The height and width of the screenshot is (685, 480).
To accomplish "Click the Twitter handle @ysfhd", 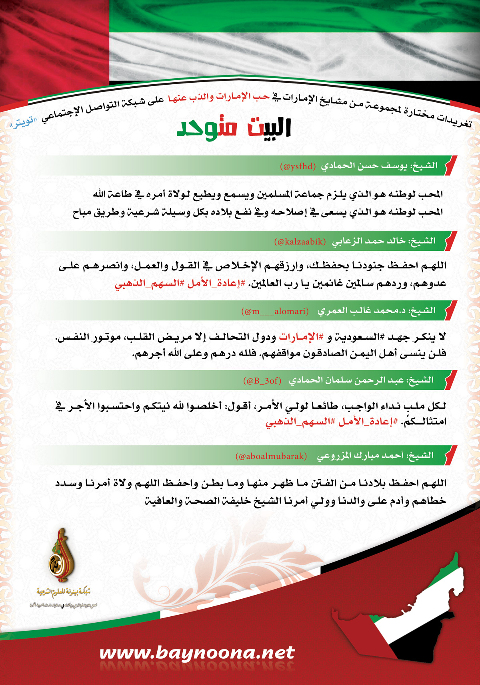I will pyautogui.click(x=298, y=166).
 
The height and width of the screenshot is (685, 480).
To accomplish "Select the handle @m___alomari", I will pyautogui.click(x=275, y=311).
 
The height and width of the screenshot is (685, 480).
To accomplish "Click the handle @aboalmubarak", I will pyautogui.click(x=272, y=456).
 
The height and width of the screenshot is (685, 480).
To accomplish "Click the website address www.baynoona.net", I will pyautogui.click(x=197, y=653).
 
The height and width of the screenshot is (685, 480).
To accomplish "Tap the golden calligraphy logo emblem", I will pyautogui.click(x=61, y=556).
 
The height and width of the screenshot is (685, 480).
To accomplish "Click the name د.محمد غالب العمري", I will pyautogui.click(x=362, y=311).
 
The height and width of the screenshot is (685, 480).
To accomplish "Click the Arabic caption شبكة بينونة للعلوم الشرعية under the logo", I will pyautogui.click(x=64, y=591).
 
